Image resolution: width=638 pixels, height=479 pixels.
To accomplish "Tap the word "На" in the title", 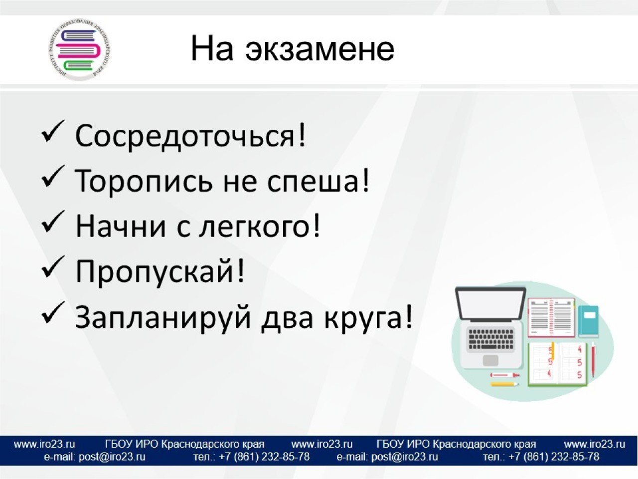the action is click(x=212, y=48).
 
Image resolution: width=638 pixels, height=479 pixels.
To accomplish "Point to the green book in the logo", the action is click(x=78, y=66).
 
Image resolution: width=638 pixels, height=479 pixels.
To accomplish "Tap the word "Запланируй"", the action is click(x=163, y=317).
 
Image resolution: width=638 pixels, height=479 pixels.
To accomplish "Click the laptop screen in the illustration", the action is click(x=490, y=305).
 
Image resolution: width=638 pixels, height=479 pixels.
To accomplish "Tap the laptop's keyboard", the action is click(x=490, y=339).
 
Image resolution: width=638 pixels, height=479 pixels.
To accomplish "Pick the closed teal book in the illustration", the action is click(x=589, y=321).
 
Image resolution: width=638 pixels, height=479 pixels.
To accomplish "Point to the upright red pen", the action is click(x=593, y=359).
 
